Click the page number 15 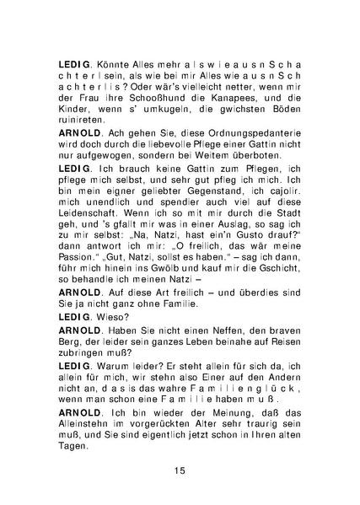180,470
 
